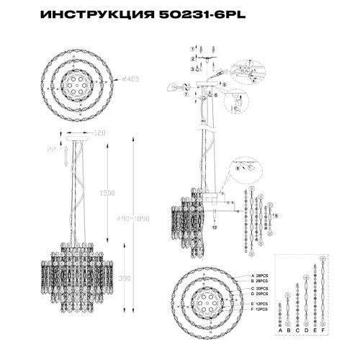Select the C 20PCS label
pyautogui.click(x=261, y=289)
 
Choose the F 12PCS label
pyautogui.click(x=261, y=310)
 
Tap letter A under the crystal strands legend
pyautogui.click(x=279, y=329)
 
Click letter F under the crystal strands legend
pyautogui.click(x=323, y=329)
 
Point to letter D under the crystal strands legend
pyautogui.click(x=305, y=329)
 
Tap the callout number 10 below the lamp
pyautogui.click(x=214, y=227)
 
